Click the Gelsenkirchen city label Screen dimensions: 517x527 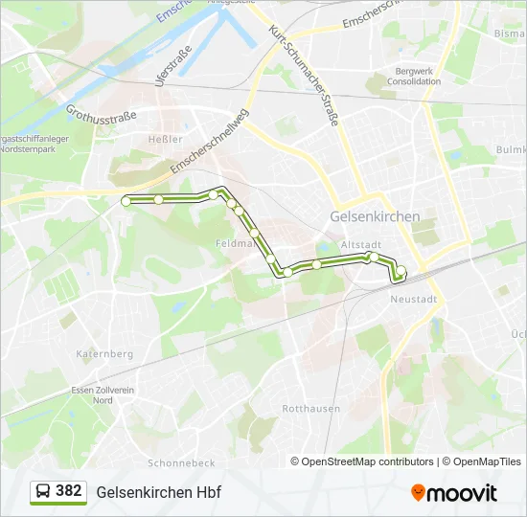[x=375, y=216]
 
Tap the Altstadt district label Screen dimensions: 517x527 [x=360, y=245]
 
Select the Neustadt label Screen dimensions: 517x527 [x=414, y=299]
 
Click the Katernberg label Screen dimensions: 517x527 [x=104, y=353]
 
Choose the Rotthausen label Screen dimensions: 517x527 [x=310, y=408]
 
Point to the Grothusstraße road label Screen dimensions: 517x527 [x=103, y=123]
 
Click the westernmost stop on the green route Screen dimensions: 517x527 [x=126, y=201]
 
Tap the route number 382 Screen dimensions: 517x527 [x=69, y=491]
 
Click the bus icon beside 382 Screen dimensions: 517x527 [x=43, y=492]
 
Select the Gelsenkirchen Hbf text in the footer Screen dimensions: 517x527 [x=152, y=492]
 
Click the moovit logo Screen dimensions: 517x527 [x=454, y=492]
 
